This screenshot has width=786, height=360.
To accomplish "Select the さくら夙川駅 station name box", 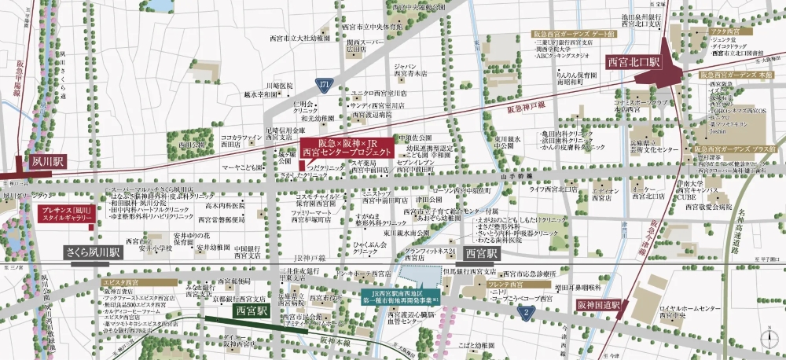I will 93,253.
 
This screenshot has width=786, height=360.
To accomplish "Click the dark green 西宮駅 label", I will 252,310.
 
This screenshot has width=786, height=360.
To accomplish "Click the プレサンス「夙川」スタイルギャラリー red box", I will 66,214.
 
